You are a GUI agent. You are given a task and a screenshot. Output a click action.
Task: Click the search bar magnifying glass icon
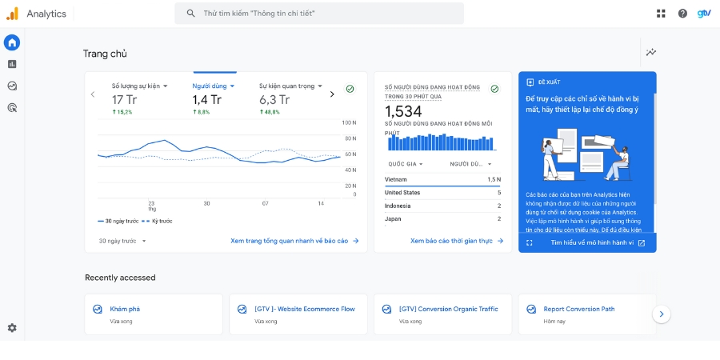point(190,14)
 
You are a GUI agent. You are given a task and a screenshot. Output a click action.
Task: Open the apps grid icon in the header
point(661,14)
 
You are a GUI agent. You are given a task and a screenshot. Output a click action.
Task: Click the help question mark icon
point(682,14)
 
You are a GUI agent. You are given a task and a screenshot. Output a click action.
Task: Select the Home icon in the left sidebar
point(12,42)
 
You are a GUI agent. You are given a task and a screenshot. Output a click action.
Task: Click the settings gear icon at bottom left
point(12,327)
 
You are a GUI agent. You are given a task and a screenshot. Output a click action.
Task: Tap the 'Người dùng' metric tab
point(214,86)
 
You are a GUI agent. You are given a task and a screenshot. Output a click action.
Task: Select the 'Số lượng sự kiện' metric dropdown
point(139,86)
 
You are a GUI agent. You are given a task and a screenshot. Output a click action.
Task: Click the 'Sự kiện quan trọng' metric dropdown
point(290,86)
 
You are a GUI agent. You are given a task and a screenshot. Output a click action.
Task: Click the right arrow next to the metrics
point(332,94)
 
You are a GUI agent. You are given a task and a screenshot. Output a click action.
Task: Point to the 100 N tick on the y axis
point(349,123)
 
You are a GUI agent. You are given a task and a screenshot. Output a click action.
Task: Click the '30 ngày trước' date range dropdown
point(122,241)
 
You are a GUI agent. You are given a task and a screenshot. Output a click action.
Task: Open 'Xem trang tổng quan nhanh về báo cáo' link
point(294,241)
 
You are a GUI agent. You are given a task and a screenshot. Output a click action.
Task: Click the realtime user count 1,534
point(403,111)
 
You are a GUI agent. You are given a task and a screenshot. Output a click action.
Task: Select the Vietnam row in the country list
point(442,179)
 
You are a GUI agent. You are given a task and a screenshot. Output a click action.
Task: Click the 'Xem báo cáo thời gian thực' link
point(456,241)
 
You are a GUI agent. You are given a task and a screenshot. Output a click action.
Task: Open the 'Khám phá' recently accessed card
point(154,314)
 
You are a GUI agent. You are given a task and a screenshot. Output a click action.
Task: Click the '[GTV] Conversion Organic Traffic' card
point(442,314)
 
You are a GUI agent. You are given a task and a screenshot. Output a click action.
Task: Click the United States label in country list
point(402,193)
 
